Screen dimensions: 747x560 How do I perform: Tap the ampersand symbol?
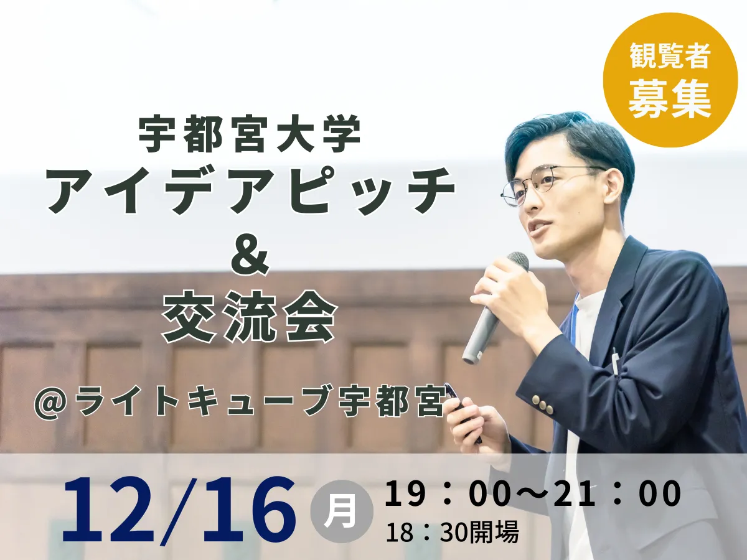(250, 259)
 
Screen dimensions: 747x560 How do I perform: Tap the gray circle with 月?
(341, 511)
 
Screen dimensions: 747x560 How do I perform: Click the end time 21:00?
(617, 493)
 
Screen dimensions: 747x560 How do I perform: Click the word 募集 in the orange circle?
(670, 99)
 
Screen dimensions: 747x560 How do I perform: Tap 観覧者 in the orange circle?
(670, 57)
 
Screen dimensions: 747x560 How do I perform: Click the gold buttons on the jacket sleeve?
(541, 404)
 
